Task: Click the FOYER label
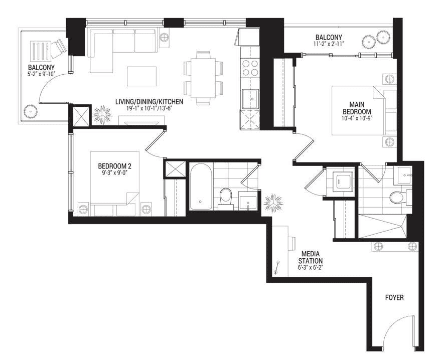pos(394,297)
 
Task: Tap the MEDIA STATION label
pos(310,257)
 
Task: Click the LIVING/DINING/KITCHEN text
pos(149,102)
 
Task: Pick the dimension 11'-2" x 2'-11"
pos(329,44)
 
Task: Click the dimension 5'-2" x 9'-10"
pos(40,74)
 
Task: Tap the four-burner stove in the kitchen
pos(250,68)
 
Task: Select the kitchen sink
pos(250,99)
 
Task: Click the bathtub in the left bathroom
pos(201,187)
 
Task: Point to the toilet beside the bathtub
pos(226,199)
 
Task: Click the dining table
pos(203,78)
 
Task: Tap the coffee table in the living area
pos(141,76)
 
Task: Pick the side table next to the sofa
pos(164,38)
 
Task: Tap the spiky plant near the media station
pos(273,203)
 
